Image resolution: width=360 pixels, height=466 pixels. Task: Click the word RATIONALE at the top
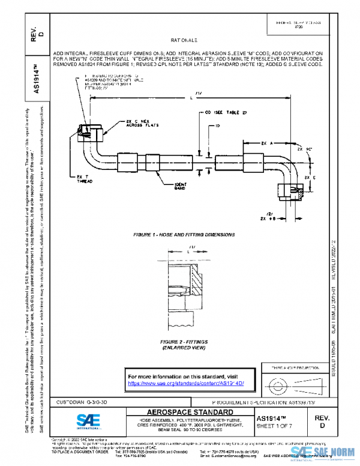[x=187, y=40]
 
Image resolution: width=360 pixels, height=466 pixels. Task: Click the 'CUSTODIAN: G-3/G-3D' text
[x=82, y=401]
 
